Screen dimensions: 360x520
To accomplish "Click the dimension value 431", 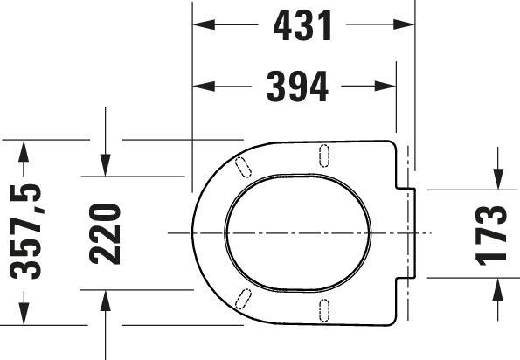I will (x=303, y=26).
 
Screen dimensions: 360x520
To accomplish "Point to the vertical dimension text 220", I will (x=105, y=233).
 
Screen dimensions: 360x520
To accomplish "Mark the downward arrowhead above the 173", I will (x=497, y=179).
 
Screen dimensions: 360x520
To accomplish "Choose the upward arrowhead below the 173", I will (x=497, y=287).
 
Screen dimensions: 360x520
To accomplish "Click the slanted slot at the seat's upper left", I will (x=245, y=165).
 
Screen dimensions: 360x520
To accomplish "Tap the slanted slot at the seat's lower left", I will (x=246, y=300).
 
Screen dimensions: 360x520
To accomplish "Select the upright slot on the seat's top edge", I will (x=325, y=154).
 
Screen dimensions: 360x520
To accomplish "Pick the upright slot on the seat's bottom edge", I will (x=325, y=310).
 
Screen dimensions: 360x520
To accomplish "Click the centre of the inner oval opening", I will (x=295, y=233).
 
